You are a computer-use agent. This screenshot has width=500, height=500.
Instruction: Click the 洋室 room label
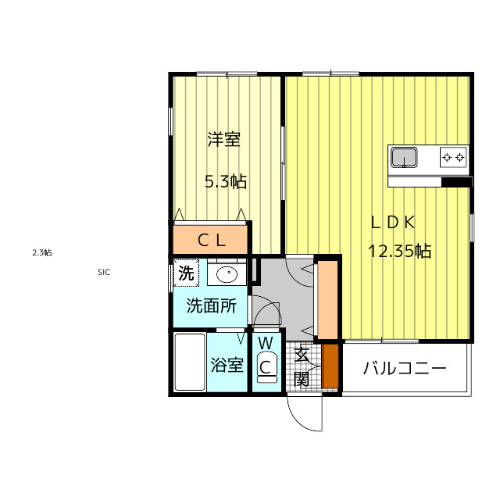click(224, 139)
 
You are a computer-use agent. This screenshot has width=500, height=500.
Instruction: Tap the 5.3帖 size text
click(226, 182)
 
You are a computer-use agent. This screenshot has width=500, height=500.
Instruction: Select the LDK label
click(393, 223)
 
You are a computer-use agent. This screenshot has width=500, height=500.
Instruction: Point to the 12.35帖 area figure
click(399, 251)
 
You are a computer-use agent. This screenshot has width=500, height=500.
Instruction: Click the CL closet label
click(212, 241)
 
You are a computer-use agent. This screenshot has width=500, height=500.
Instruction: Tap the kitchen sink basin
click(404, 157)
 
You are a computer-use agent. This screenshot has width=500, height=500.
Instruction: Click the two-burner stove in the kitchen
click(453, 157)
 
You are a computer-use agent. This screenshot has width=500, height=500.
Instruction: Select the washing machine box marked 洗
click(186, 273)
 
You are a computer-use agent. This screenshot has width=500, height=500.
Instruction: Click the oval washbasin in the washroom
click(227, 274)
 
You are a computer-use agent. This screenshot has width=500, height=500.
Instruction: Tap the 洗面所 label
click(211, 305)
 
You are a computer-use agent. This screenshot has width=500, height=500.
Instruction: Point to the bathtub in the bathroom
click(190, 362)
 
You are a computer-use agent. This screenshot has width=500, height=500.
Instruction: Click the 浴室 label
click(227, 365)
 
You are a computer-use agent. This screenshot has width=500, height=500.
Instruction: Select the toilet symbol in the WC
click(266, 367)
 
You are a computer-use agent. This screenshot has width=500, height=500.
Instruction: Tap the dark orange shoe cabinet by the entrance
click(330, 366)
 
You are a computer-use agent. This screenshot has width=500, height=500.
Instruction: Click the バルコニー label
click(405, 369)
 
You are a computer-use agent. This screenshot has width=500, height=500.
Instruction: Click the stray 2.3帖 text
click(42, 253)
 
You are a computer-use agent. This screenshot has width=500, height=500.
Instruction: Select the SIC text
click(104, 272)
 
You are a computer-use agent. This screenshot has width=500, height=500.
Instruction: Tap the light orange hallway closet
click(328, 300)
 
